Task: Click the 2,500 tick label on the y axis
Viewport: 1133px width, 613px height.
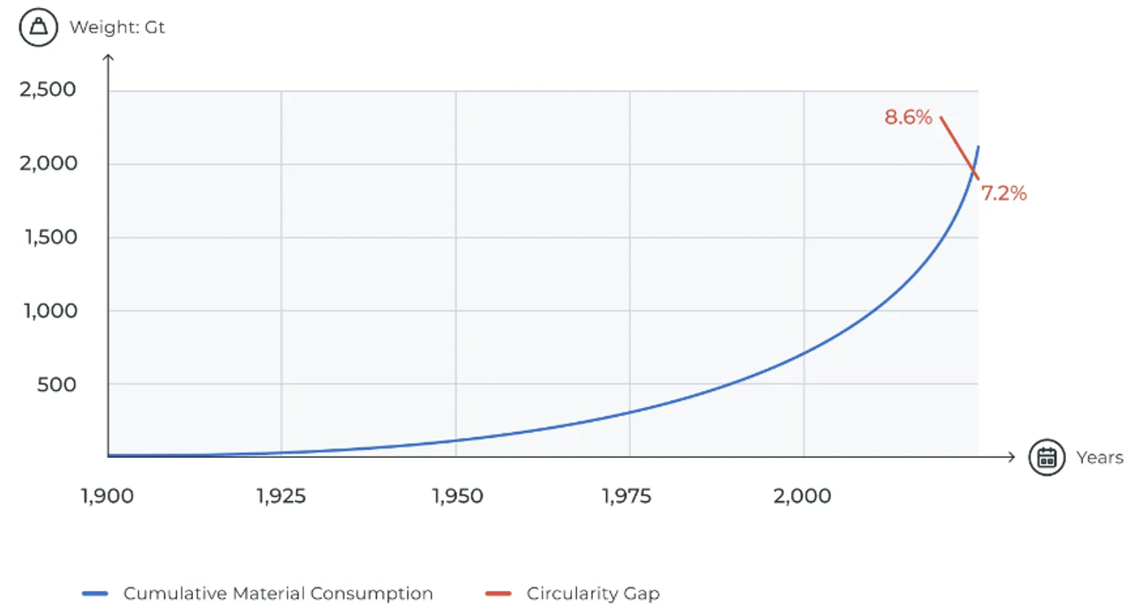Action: coord(48,90)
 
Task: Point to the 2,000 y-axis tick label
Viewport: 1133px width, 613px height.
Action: coord(48,164)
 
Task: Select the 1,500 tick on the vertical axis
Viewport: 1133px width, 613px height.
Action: coord(49,237)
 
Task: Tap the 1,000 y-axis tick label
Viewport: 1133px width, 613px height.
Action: coord(49,311)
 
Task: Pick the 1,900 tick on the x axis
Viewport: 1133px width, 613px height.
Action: coord(107,497)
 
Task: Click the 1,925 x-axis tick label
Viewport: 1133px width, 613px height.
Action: coord(281,497)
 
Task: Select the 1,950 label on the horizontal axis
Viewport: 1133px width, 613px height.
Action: coord(457,497)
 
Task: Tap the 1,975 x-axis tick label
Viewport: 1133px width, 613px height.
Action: coord(627,497)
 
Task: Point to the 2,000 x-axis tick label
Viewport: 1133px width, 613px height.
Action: coord(803,497)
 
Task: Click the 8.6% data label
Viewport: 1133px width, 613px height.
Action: coord(908,117)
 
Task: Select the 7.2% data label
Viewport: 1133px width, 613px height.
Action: coord(1004,194)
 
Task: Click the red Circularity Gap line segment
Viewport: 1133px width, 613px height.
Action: coord(959,147)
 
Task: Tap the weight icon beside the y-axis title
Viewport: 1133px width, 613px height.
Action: coord(39,27)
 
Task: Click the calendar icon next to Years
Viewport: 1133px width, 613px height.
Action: coord(1047,458)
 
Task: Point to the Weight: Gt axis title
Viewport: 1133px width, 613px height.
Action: coord(117,27)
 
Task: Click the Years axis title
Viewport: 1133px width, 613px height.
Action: coord(1100,458)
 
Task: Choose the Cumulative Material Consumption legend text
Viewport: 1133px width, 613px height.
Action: coord(278,594)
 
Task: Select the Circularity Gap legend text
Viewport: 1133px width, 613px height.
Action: coord(593,594)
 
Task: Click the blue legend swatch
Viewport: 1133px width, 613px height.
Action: coord(94,594)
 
